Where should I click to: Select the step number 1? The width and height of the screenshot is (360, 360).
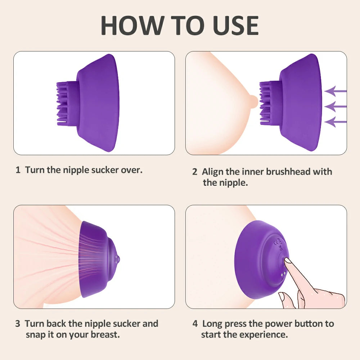[18, 170]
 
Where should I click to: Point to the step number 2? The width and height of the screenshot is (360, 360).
[195, 172]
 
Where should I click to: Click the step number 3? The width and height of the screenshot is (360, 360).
[18, 324]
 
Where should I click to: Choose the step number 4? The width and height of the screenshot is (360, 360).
[195, 324]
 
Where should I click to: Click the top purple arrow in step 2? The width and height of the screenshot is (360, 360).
[336, 91]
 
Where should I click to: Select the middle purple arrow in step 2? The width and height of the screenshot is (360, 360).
[336, 107]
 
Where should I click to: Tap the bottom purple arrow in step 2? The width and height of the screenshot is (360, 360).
[336, 122]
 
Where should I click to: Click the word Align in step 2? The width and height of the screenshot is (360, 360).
[212, 172]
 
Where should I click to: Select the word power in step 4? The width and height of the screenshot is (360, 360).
[268, 324]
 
